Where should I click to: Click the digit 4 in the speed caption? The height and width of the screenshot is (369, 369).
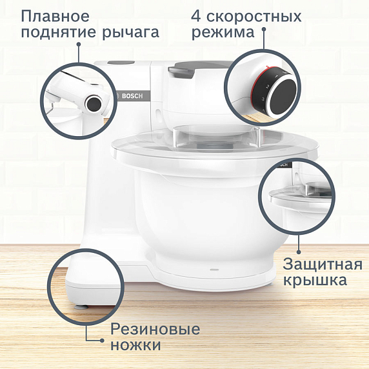coord(198,15)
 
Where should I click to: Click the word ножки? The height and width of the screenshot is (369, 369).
coord(135,346)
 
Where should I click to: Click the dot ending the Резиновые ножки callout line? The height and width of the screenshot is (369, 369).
coord(101,337)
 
